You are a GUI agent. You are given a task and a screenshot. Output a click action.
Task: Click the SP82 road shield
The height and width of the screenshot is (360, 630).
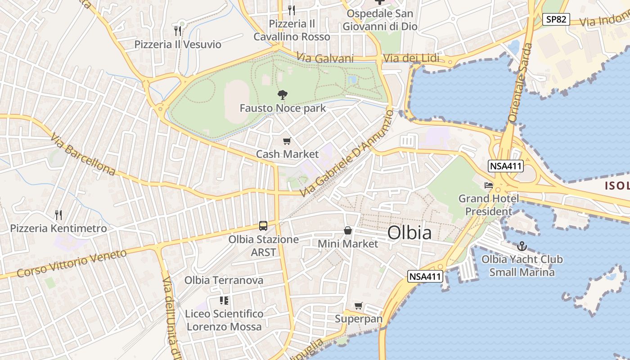(556, 19)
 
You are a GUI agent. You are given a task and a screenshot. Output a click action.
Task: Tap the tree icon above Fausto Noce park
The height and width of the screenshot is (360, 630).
(283, 95)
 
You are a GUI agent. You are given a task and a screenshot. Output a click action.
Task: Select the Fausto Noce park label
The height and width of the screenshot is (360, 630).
(283, 108)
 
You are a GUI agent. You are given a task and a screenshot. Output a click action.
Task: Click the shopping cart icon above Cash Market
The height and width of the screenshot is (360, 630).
(287, 141)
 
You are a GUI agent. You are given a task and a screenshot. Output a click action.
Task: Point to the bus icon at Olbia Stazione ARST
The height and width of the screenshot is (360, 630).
(263, 226)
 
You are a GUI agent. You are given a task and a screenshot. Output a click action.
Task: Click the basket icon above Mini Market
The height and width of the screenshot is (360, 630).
(348, 231)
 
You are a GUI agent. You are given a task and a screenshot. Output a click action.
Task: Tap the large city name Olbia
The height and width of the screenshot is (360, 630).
(409, 233)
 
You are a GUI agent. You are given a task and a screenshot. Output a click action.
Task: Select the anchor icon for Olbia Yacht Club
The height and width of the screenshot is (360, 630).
(522, 246)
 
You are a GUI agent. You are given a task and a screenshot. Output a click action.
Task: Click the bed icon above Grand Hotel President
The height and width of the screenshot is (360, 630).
(489, 185)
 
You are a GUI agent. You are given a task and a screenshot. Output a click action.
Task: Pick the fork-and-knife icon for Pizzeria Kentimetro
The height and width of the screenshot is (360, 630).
(58, 215)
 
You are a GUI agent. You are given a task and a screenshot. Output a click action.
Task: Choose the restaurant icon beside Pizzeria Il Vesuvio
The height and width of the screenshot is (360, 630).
(178, 31)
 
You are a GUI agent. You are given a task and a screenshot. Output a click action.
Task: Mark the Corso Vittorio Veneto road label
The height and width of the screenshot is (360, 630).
(72, 264)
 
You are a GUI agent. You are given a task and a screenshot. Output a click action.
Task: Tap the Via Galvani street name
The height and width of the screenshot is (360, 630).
(325, 58)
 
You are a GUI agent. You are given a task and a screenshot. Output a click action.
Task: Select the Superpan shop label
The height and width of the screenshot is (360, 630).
(358, 319)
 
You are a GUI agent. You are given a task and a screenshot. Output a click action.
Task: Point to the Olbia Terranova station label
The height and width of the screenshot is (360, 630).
(224, 280)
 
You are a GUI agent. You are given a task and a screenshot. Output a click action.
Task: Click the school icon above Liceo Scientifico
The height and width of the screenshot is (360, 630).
(224, 300)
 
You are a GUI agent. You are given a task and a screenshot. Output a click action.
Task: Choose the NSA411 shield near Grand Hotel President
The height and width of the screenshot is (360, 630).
(506, 166)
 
